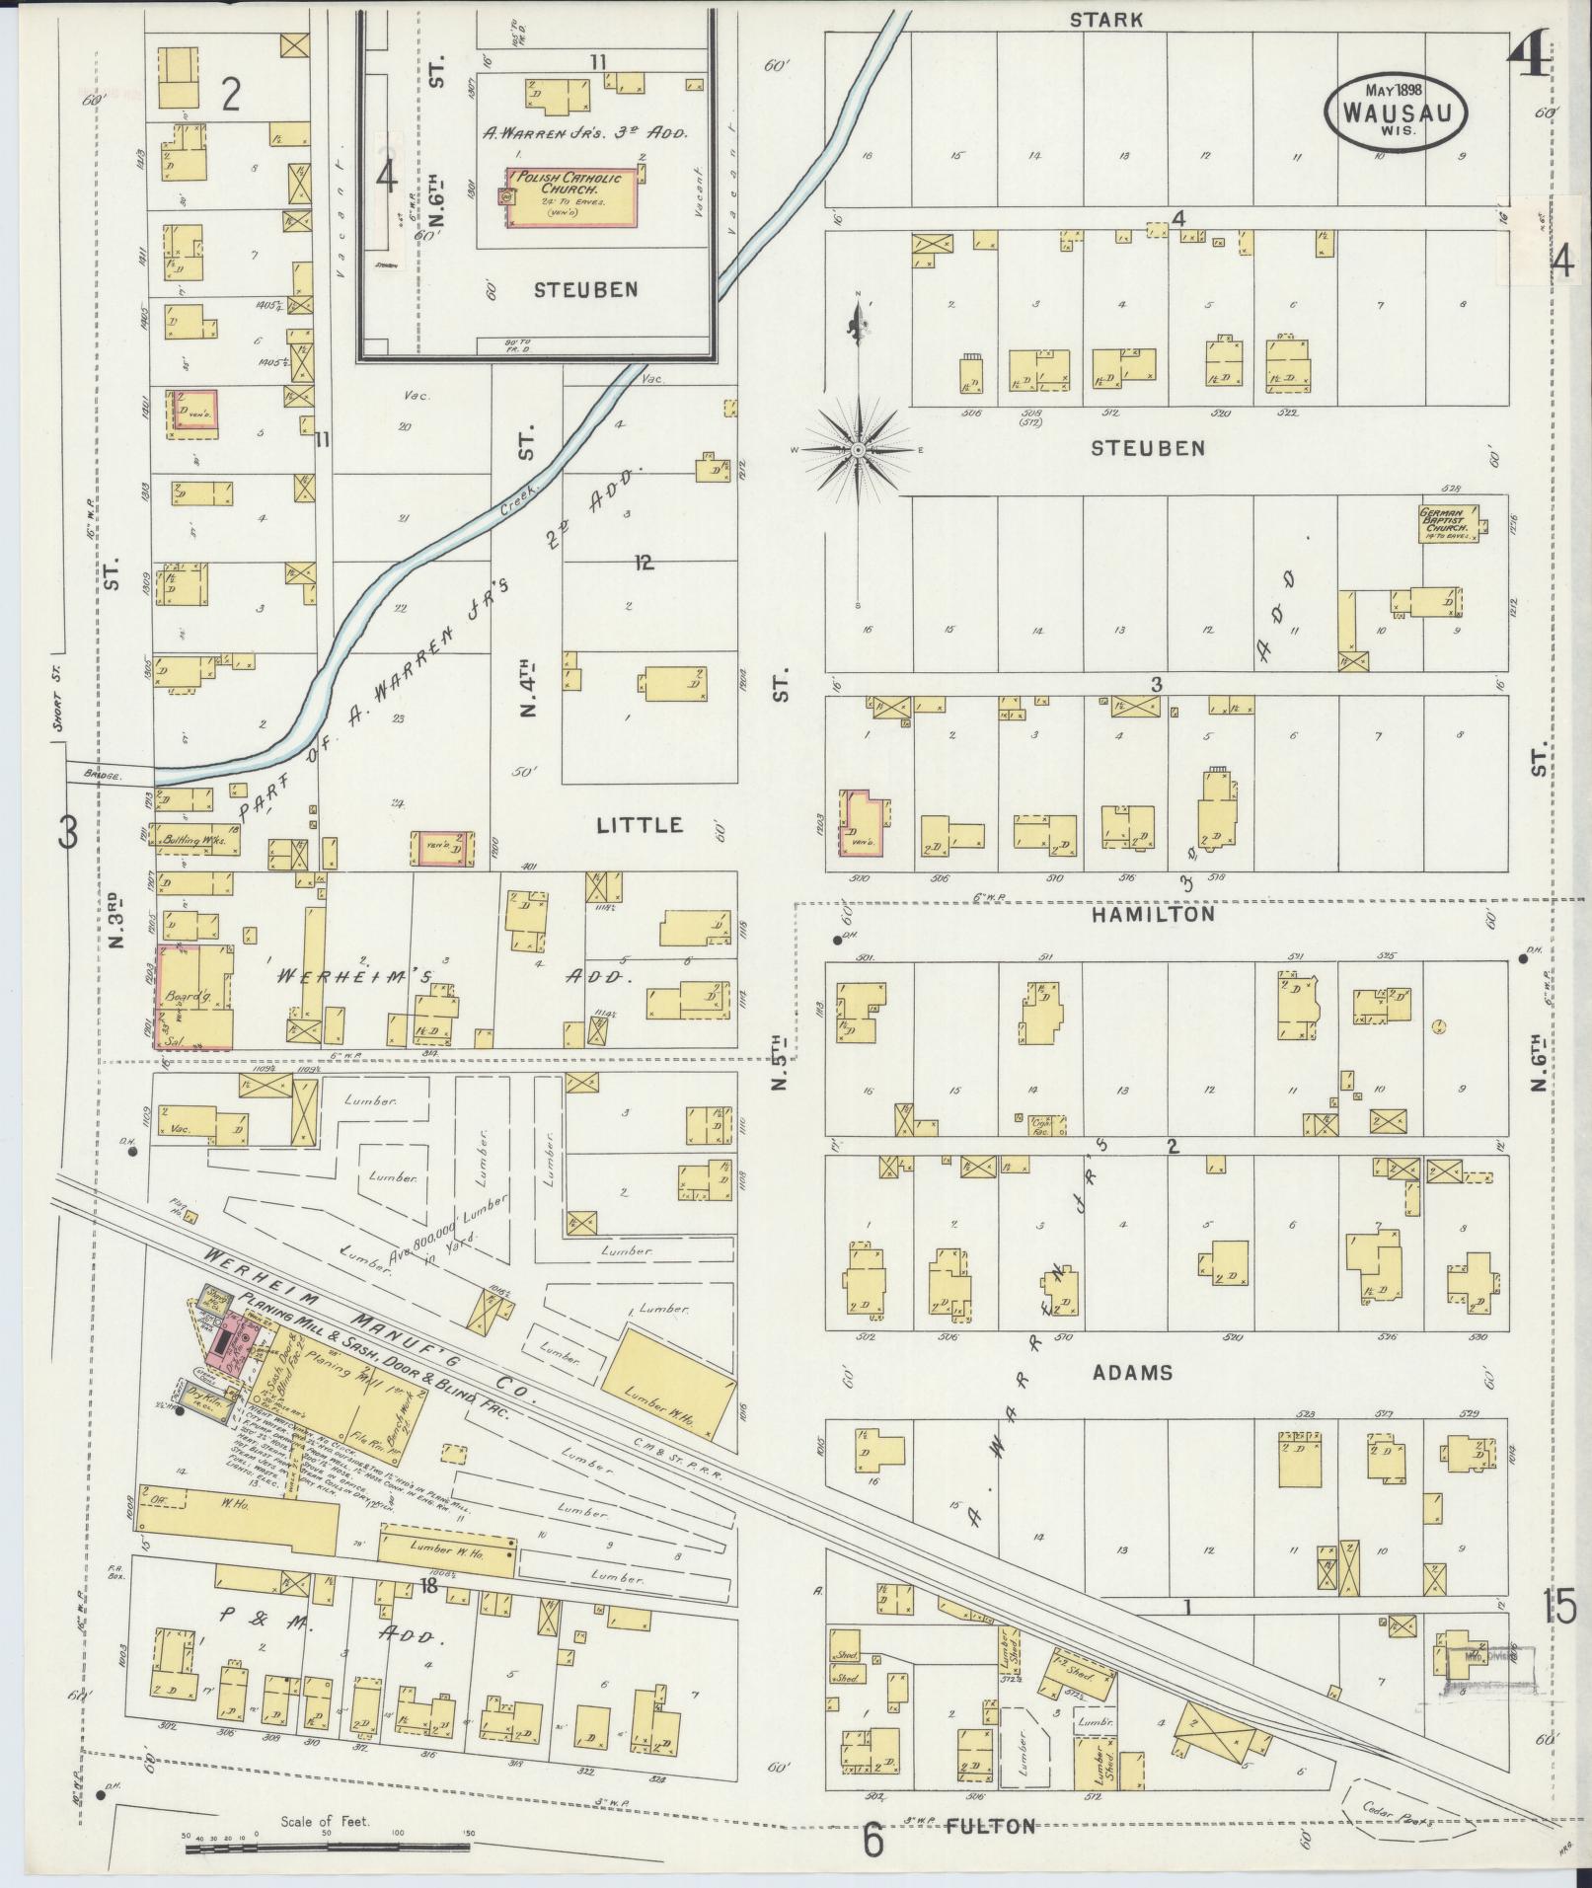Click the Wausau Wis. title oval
(x=1395, y=113)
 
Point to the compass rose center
(x=859, y=450)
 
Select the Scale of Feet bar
(x=327, y=1846)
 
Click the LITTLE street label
(x=640, y=824)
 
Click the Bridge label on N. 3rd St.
(x=100, y=777)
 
